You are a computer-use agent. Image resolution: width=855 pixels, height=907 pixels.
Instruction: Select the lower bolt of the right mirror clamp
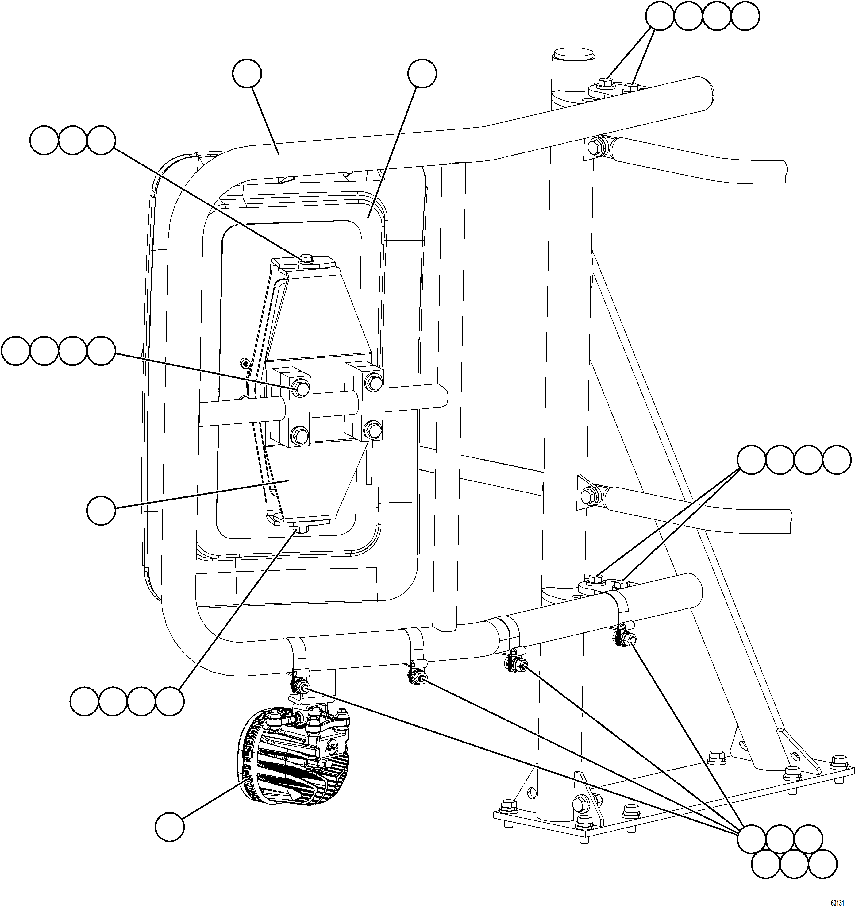point(374,429)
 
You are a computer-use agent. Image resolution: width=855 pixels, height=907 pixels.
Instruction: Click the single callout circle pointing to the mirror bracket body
point(101,511)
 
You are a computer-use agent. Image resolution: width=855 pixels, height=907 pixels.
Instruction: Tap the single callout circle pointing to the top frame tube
point(247,73)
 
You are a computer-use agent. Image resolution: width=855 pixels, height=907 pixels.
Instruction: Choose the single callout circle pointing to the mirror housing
point(422,73)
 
